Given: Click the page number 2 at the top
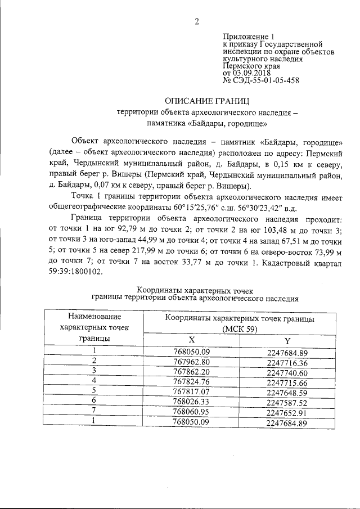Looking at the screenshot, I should (x=197, y=22).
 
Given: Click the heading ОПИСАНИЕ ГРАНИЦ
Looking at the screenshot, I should (x=207, y=101).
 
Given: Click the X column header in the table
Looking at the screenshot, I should (x=191, y=340).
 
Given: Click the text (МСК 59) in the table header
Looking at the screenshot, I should (x=239, y=330).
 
